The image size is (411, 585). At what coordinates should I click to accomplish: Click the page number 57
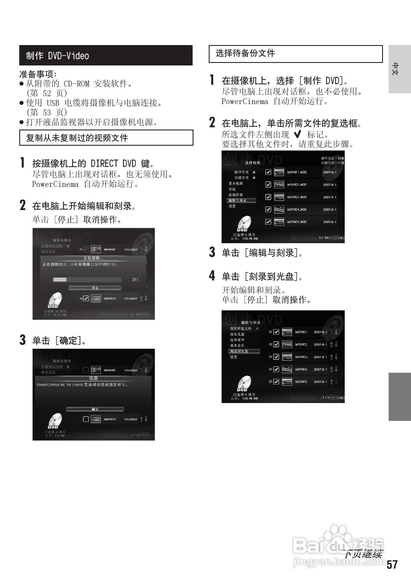(392, 565)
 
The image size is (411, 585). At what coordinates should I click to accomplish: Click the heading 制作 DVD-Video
(58, 56)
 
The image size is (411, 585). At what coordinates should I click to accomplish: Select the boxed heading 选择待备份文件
(245, 53)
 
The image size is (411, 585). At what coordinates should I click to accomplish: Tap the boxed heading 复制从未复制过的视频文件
(77, 138)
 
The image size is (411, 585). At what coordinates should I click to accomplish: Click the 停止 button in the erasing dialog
(95, 288)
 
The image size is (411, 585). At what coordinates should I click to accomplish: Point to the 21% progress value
(135, 279)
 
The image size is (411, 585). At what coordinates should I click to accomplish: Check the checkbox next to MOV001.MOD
(268, 172)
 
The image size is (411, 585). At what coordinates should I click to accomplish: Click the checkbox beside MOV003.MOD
(268, 197)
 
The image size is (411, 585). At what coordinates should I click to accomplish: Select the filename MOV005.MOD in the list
(297, 222)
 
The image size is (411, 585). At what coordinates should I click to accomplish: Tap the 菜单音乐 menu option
(237, 346)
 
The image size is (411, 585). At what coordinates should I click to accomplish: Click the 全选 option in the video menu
(232, 189)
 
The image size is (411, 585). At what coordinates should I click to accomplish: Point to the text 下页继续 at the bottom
(363, 554)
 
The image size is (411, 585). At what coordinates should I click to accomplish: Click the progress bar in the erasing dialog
(87, 279)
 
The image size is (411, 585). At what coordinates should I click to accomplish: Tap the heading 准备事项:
(38, 74)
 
